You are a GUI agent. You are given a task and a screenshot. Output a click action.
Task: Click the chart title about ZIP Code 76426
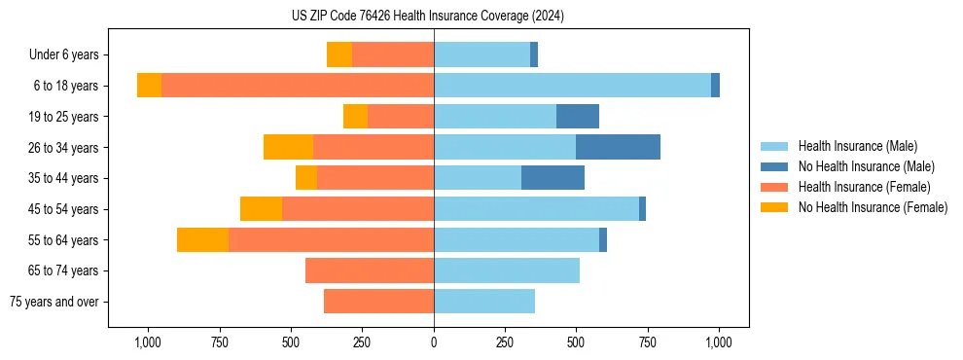[428, 16]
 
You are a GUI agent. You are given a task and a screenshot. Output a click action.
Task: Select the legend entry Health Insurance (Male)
[857, 146]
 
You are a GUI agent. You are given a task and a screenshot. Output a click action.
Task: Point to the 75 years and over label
[53, 302]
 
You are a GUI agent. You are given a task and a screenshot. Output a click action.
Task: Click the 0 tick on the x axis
[434, 342]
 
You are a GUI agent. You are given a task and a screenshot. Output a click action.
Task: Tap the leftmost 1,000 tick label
[148, 342]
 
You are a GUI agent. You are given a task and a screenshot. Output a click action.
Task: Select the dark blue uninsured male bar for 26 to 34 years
[618, 147]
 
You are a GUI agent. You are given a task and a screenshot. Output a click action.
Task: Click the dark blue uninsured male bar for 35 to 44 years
[553, 178]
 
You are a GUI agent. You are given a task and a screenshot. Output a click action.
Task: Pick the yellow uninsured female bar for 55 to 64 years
[202, 239]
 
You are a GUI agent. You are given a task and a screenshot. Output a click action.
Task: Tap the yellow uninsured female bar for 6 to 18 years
[149, 86]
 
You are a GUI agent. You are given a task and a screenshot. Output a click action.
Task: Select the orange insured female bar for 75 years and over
[378, 302]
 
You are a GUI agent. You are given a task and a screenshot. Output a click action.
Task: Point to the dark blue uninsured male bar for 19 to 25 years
[577, 117]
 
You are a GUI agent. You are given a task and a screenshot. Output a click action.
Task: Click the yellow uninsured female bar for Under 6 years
[339, 55]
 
